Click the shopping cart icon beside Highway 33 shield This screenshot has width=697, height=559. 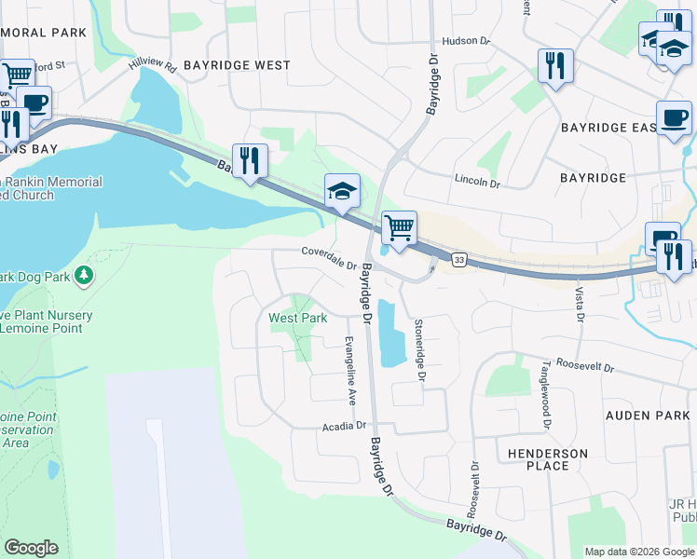pyautogui.click(x=399, y=226)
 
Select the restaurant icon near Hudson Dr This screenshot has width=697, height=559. pyautogui.click(x=555, y=65)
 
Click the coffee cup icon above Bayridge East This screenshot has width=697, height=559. pyautogui.click(x=674, y=118)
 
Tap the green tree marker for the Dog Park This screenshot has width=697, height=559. pyautogui.click(x=84, y=275)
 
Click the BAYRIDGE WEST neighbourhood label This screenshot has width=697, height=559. pyautogui.click(x=237, y=65)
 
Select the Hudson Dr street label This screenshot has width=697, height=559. pyautogui.click(x=466, y=41)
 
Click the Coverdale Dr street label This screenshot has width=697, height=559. pyautogui.click(x=329, y=256)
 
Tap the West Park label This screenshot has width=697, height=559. pyautogui.click(x=298, y=318)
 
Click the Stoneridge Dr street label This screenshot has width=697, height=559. pyautogui.click(x=419, y=349)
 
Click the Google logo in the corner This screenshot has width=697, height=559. pyautogui.click(x=32, y=548)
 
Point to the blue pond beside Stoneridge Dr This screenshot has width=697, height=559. pyautogui.click(x=390, y=332)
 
